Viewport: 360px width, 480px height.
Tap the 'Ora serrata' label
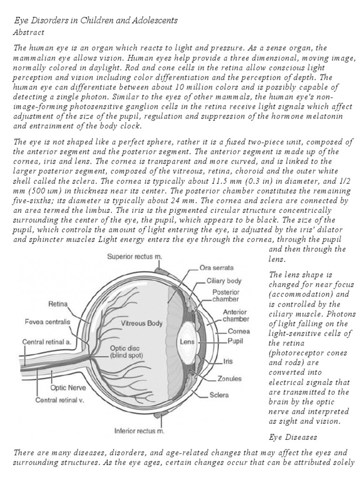click(x=217, y=268)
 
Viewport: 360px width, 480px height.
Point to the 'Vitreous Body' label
click(x=142, y=323)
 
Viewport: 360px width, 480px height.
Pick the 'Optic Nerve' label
click(x=67, y=388)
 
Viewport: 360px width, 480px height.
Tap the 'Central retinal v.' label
click(x=60, y=401)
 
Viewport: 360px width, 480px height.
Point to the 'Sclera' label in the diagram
click(x=219, y=395)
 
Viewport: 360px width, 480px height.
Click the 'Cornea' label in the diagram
click(x=239, y=331)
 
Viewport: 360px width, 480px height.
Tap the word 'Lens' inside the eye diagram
click(x=187, y=342)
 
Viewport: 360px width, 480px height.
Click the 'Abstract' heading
click(x=29, y=32)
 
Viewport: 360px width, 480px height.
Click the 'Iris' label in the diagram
click(x=228, y=361)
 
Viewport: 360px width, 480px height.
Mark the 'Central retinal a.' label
click(x=47, y=342)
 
